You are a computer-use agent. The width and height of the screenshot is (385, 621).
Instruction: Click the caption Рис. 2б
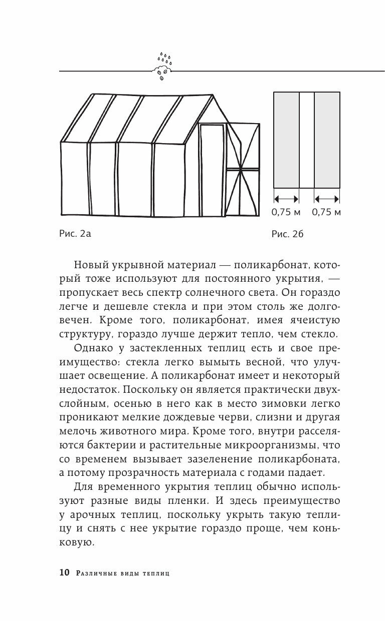point(288,233)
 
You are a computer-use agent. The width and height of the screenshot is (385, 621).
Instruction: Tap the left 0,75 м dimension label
point(286,212)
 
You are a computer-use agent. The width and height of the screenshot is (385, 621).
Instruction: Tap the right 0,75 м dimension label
point(326,212)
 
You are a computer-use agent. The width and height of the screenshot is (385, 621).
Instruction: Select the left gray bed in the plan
point(286,140)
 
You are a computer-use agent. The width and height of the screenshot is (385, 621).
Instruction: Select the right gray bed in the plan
point(327,140)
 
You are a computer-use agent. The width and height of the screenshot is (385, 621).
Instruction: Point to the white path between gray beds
point(307,140)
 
